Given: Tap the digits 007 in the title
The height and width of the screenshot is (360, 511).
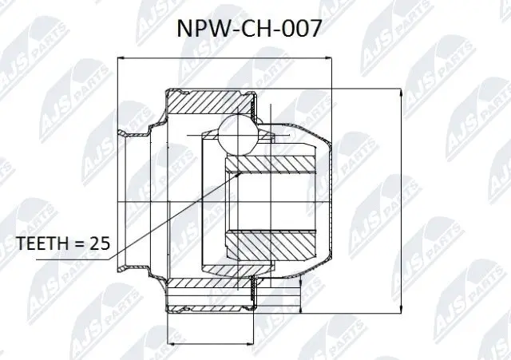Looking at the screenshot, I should [304, 30].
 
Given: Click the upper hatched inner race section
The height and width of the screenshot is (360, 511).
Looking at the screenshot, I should [271, 165].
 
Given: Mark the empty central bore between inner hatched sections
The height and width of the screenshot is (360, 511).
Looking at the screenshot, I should [271, 203].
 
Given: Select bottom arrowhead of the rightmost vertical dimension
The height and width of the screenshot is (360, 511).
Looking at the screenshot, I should [399, 313].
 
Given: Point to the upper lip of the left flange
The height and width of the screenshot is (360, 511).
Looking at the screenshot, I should [123, 133].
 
